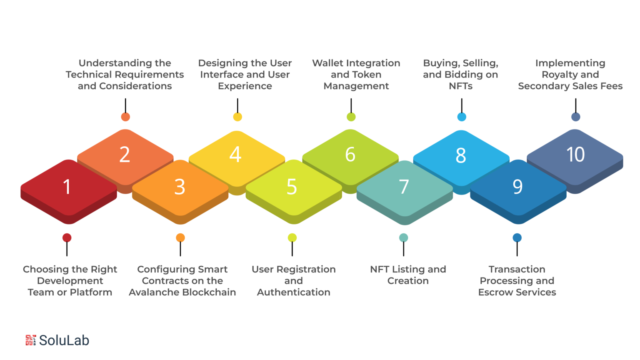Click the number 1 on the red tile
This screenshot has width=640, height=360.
pyautogui.click(x=67, y=187)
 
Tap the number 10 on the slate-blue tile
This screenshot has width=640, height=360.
pyautogui.click(x=575, y=154)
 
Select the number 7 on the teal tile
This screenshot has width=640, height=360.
pyautogui.click(x=404, y=187)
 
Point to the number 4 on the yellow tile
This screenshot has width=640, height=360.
pyautogui.click(x=235, y=154)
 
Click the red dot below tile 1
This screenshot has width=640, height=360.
pyautogui.click(x=67, y=238)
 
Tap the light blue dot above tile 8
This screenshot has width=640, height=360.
pyautogui.click(x=462, y=117)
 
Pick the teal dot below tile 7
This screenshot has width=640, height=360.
pyautogui.click(x=403, y=238)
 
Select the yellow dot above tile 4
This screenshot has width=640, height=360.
pyautogui.click(x=237, y=117)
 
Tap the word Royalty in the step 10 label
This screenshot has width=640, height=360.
pyautogui.click(x=555, y=75)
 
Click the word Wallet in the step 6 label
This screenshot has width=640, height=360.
pyautogui.click(x=328, y=63)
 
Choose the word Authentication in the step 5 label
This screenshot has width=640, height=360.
pyautogui.click(x=294, y=292)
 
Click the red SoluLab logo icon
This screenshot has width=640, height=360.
pyautogui.click(x=30, y=340)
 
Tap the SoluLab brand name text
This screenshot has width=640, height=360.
pyautogui.click(x=64, y=340)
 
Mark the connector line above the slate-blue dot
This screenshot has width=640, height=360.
pyautogui.click(x=576, y=105)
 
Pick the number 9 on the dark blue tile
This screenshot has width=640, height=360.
pyautogui.click(x=518, y=187)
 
